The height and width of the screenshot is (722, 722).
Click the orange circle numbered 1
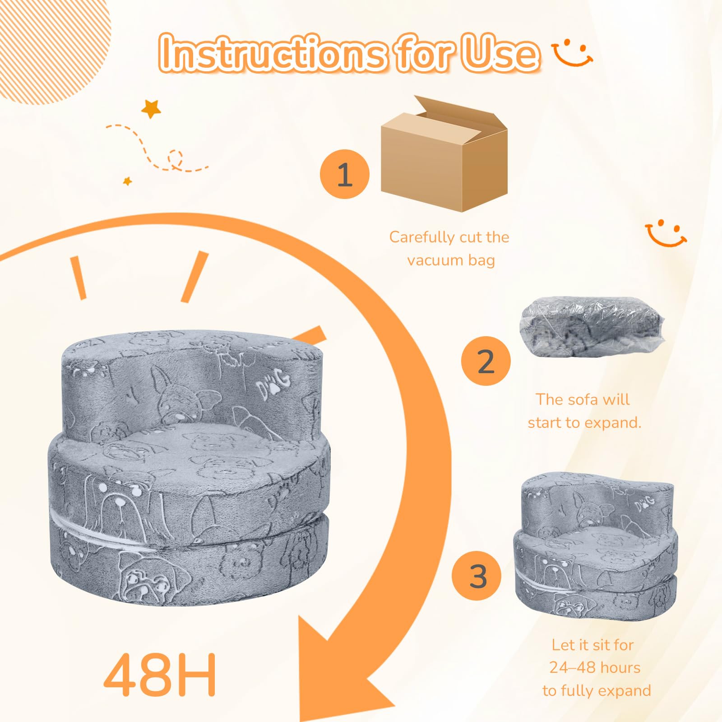(345, 174)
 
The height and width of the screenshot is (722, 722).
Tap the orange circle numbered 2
(486, 361)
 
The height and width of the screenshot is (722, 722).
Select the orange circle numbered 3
(477, 575)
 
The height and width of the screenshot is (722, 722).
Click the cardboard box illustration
(444, 153)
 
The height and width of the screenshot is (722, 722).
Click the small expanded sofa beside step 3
(596, 546)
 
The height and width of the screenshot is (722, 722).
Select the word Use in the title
(502, 53)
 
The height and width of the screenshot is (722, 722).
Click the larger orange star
(151, 108)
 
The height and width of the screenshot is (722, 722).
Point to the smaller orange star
(128, 181)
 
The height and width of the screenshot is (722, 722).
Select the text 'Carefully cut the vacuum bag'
(449, 249)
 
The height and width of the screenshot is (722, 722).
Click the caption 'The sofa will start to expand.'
(584, 411)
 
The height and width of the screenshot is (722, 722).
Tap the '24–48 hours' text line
(595, 667)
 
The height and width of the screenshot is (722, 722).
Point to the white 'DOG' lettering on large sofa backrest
(273, 384)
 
